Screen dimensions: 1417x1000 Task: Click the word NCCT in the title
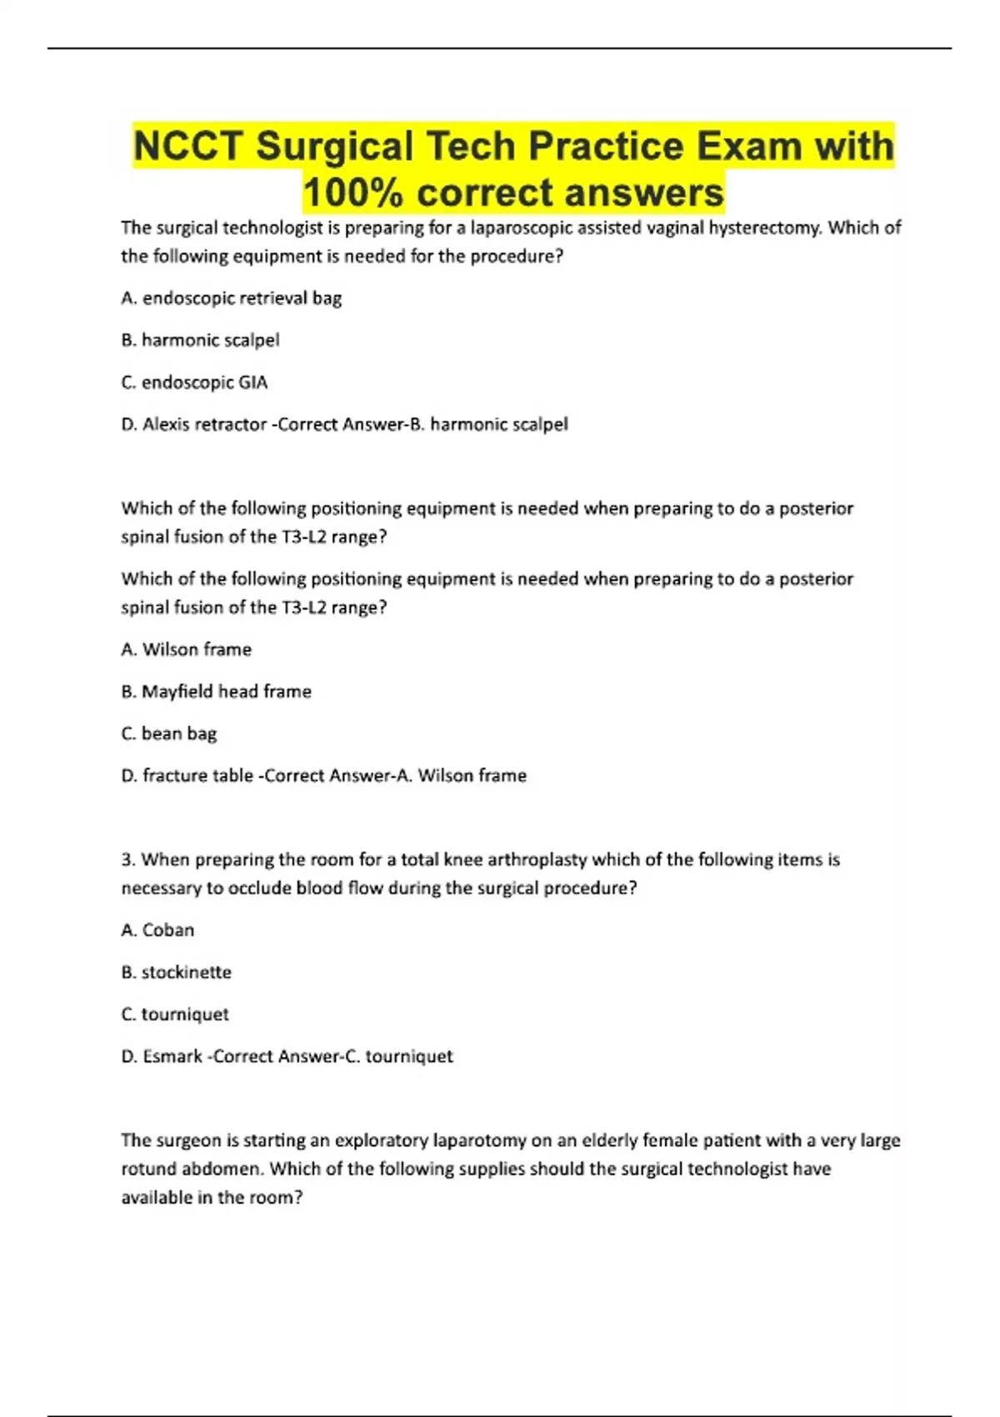coord(190,147)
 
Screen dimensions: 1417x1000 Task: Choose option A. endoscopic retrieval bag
coord(232,298)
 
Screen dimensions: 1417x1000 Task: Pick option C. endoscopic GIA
coord(195,383)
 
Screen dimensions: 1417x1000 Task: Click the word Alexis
coord(170,424)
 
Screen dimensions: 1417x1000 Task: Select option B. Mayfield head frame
coord(217,692)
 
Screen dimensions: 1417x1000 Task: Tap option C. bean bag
coord(169,734)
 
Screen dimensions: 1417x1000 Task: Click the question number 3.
coord(127,859)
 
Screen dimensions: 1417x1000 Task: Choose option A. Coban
coord(158,930)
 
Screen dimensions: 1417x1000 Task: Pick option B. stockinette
coord(177,972)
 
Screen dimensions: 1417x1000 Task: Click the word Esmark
coord(172,1056)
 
